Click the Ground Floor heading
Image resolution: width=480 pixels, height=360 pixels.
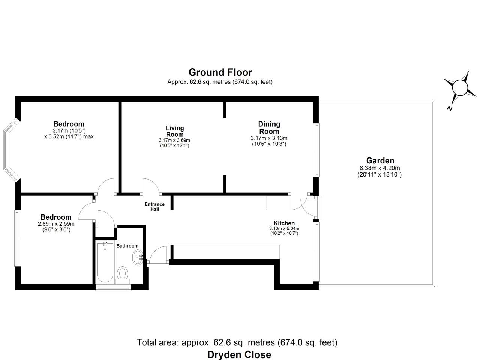click(220, 72)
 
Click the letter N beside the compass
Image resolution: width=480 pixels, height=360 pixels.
click(449, 108)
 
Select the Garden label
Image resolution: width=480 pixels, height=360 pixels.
click(380, 161)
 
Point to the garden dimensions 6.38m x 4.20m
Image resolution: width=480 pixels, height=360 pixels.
click(379, 168)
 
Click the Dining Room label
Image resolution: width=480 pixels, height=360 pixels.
click(269, 127)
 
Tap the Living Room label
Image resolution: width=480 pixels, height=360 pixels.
click(175, 131)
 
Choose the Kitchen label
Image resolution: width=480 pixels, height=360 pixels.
click(284, 223)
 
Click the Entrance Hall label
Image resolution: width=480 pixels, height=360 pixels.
click(154, 207)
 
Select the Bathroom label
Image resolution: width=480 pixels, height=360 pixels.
click(127, 246)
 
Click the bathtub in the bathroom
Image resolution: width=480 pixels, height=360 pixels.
click(105, 262)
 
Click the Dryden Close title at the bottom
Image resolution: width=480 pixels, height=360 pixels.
click(239, 354)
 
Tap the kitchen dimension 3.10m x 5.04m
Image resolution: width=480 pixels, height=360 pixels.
click(284, 228)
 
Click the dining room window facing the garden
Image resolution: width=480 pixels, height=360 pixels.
click(317, 150)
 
